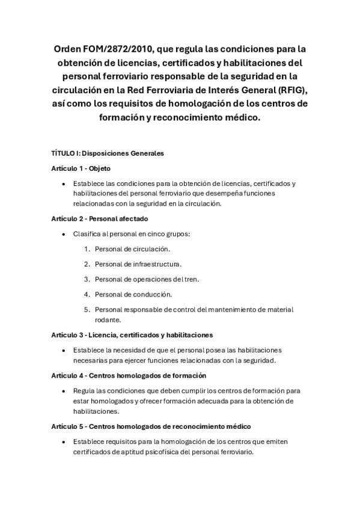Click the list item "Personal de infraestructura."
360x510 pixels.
pyautogui.click(x=138, y=263)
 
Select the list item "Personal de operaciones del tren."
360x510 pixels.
pyautogui.click(x=147, y=279)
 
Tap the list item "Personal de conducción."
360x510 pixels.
pyautogui.click(x=132, y=294)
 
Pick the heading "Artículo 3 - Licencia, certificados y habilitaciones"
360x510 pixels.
pyautogui.click(x=132, y=334)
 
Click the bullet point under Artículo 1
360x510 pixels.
pyautogui.click(x=63, y=183)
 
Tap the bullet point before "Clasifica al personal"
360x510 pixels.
pyautogui.click(x=63, y=233)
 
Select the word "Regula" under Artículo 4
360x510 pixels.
pyautogui.click(x=84, y=390)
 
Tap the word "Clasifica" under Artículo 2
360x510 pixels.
pyautogui.click(x=88, y=233)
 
